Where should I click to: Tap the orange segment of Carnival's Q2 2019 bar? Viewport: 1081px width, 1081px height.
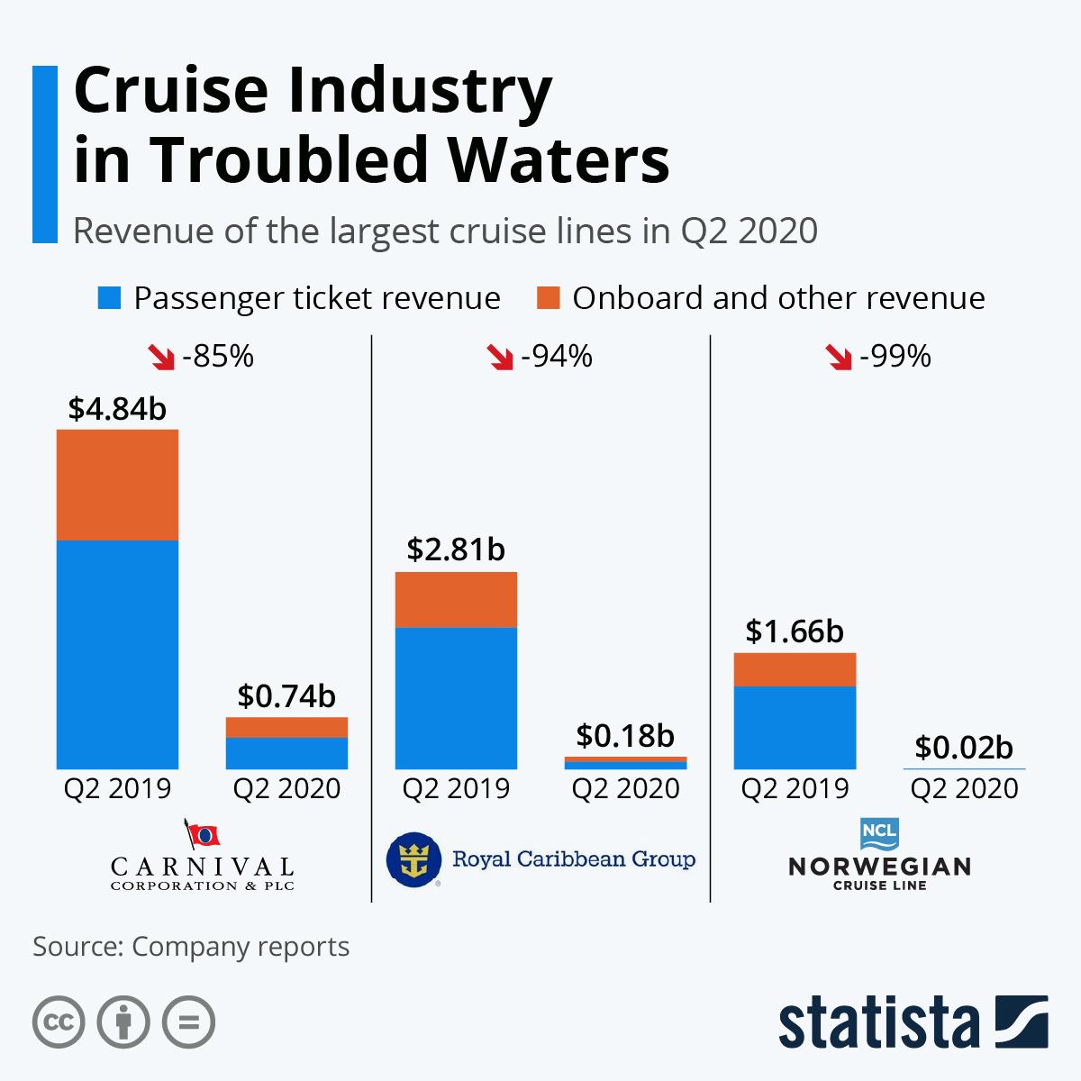pos(117,485)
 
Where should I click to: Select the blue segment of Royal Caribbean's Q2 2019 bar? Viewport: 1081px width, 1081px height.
pos(456,697)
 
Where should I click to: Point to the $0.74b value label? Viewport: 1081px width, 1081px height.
pos(286,695)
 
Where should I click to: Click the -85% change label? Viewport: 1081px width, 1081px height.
pos(218,357)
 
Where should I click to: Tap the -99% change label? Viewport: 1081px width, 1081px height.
pos(895,357)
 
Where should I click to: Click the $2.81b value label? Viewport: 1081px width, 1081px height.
pos(456,550)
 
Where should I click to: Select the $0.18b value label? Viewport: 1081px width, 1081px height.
pos(625,736)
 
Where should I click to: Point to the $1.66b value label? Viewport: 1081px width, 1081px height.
pos(795,631)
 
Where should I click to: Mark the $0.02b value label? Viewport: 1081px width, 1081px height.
pos(964,747)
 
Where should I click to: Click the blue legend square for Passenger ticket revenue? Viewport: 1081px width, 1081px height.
pos(109,298)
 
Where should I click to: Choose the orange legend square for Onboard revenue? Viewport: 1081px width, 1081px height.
pos(548,298)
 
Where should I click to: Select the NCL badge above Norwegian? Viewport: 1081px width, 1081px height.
pos(879,833)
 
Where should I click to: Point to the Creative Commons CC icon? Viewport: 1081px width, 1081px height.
pos(59,1022)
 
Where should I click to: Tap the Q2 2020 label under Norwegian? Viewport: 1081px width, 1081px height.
pos(964,789)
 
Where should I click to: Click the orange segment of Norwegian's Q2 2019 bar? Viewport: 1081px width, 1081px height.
pos(795,669)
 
